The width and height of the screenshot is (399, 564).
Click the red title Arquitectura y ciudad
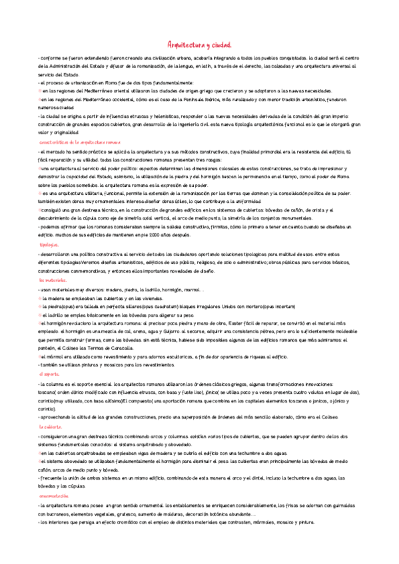click(x=199, y=45)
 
